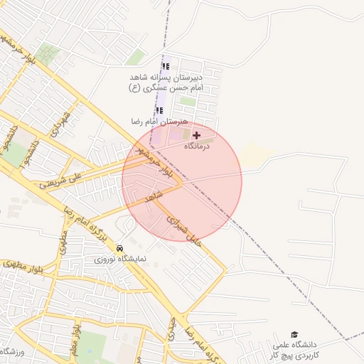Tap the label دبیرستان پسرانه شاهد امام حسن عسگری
[166, 82]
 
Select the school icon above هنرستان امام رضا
[160, 110]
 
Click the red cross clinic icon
[196, 134]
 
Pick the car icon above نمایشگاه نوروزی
[119, 247]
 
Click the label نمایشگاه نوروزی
[120, 259]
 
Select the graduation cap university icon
[294, 334]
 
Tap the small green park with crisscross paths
[49, 54]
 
